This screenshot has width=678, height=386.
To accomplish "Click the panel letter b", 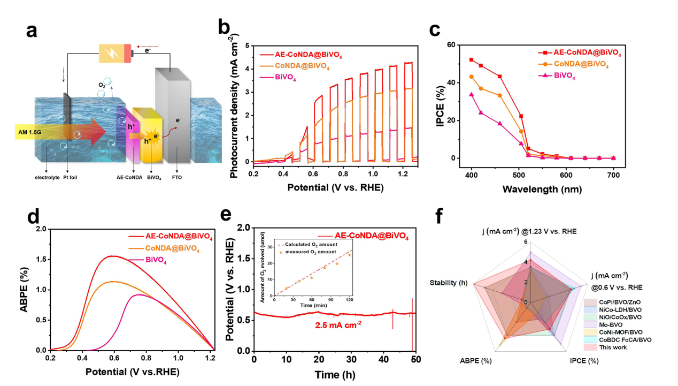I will [x=223, y=28].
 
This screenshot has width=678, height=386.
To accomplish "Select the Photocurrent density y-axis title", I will [x=234, y=104].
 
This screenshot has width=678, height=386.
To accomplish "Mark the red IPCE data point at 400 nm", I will [x=471, y=60].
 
